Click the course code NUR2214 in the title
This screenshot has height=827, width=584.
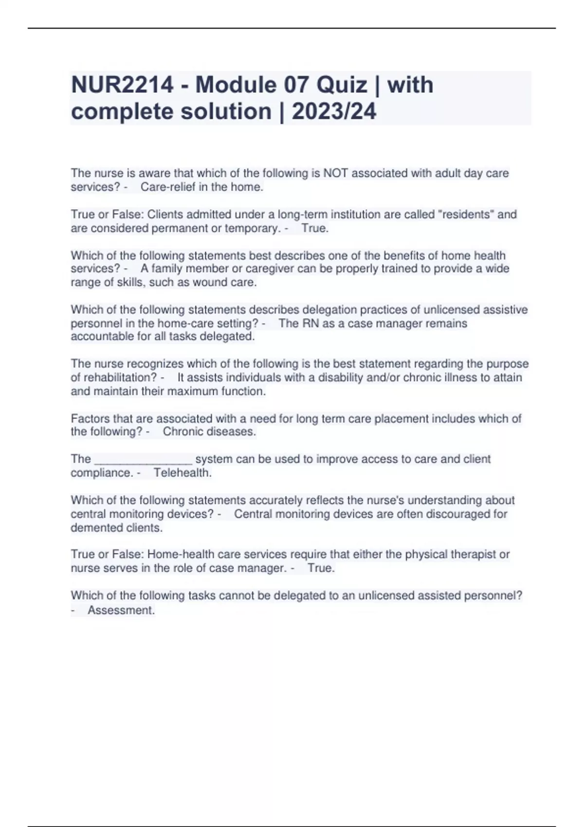click(122, 85)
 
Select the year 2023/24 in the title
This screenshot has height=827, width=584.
click(334, 111)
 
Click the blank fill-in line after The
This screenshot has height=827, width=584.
click(143, 460)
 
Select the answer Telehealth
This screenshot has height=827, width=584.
click(182, 473)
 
